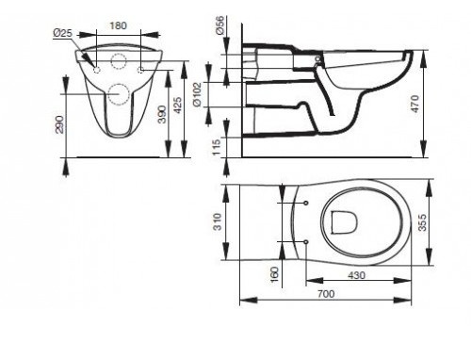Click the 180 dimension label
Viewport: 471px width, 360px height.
(118, 25)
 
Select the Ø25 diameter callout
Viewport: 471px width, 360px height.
(63, 33)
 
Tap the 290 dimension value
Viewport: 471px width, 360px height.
(59, 124)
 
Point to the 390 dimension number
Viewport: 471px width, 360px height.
(162, 114)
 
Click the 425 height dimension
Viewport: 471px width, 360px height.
(177, 106)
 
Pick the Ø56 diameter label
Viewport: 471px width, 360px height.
(220, 25)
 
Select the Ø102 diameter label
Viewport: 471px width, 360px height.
(197, 94)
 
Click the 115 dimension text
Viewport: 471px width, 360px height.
(217, 148)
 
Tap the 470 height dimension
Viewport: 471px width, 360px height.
(414, 104)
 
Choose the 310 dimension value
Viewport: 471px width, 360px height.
(218, 221)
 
